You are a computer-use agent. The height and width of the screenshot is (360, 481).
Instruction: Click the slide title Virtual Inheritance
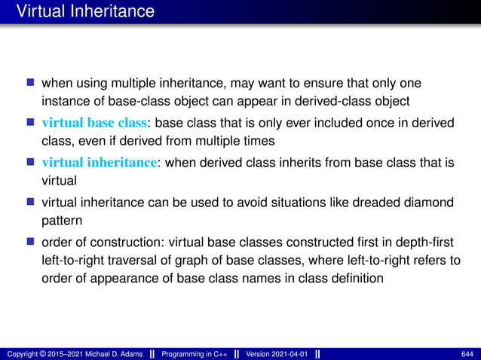[85, 12]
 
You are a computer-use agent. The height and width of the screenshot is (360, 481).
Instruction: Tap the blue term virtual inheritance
[95, 161]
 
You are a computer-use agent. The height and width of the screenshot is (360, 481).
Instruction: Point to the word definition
[357, 278]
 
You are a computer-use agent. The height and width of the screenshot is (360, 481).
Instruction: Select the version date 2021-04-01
[290, 353]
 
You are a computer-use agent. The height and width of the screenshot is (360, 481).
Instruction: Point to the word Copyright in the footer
[23, 353]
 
